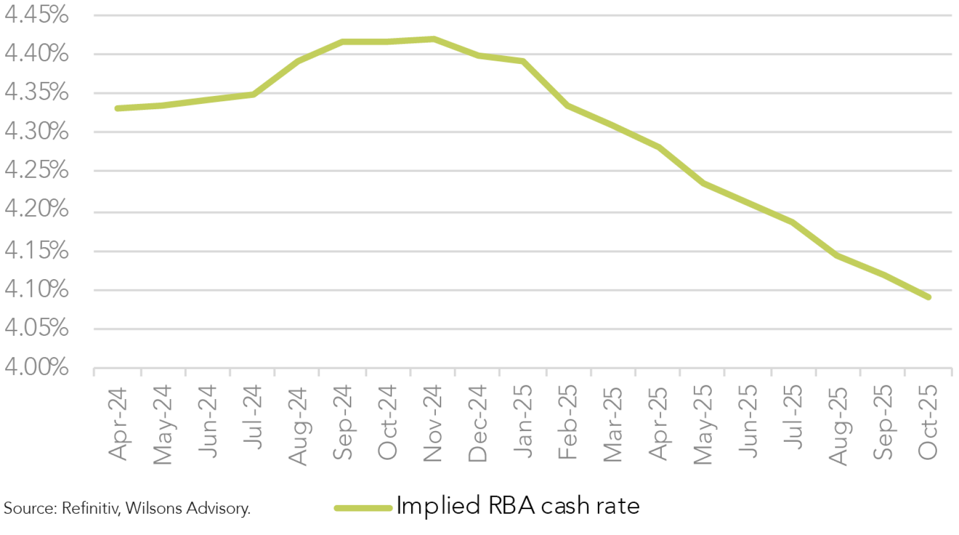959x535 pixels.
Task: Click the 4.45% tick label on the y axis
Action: pyautogui.click(x=36, y=15)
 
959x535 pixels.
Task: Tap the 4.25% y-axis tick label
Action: pyautogui.click(x=36, y=170)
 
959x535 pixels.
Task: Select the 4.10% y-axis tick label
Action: pyautogui.click(x=36, y=289)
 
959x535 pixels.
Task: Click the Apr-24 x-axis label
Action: pyautogui.click(x=118, y=424)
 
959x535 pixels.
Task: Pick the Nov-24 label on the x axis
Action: pyautogui.click(x=432, y=424)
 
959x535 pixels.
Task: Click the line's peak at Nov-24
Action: pyautogui.click(x=434, y=39)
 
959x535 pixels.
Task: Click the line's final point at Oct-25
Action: pyautogui.click(x=929, y=297)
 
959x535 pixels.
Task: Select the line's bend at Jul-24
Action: pyautogui.click(x=254, y=95)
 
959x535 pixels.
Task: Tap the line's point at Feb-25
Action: pyautogui.click(x=568, y=106)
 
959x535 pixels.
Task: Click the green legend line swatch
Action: pyautogui.click(x=363, y=508)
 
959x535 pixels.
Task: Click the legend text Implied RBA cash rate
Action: pyautogui.click(x=518, y=506)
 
